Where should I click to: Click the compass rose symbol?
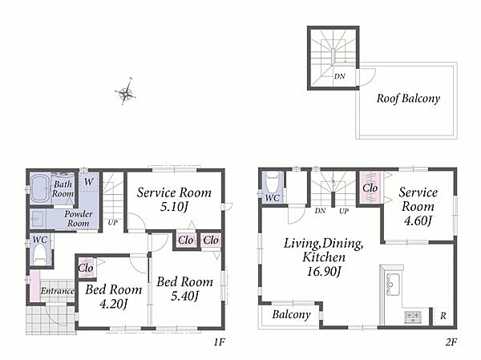pos(126,91)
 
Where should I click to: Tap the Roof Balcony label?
pos(408,98)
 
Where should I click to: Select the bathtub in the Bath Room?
pos(41,188)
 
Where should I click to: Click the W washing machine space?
pos(89,182)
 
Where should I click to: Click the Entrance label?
pos(58,290)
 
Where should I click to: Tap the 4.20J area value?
pos(113,304)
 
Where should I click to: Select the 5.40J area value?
pos(185,296)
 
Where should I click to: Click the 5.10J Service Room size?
pos(174,207)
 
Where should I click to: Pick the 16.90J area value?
pos(324,271)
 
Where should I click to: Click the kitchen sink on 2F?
pos(393,284)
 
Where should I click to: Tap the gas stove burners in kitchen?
pos(413,317)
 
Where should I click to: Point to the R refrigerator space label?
pos(443,315)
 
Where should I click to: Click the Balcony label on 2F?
pos(291,314)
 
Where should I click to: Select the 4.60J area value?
pos(418,220)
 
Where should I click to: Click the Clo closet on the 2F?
pos(370,188)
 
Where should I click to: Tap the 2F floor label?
pos(451,342)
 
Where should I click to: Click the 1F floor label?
pos(220,342)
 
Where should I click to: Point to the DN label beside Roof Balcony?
pos(340,76)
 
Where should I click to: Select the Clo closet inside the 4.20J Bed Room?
pos(86,268)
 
